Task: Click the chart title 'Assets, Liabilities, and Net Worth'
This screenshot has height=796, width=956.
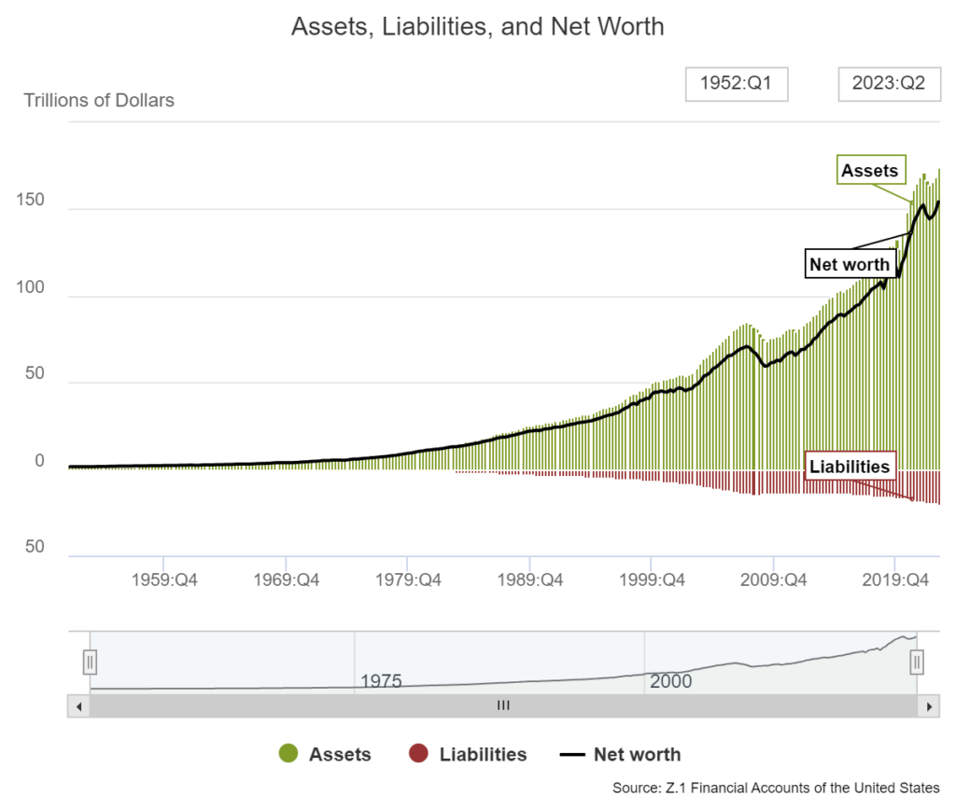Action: [477, 26]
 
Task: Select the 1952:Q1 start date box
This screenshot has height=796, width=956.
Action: [737, 83]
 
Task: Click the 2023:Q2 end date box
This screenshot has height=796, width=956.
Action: [888, 83]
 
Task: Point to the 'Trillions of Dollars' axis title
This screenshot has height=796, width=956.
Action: [99, 100]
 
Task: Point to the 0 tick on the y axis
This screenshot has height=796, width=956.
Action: [39, 461]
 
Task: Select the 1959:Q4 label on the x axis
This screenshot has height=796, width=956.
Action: [163, 580]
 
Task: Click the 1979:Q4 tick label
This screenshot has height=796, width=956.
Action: [407, 580]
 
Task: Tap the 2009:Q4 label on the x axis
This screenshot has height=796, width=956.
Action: [773, 580]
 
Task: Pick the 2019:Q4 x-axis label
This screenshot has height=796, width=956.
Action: [894, 580]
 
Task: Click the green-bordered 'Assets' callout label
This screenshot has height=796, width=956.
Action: [869, 171]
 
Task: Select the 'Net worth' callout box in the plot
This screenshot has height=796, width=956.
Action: [850, 264]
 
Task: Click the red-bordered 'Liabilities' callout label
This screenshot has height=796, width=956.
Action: [850, 467]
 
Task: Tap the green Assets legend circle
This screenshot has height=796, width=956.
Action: [288, 754]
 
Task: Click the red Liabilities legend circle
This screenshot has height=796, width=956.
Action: [418, 754]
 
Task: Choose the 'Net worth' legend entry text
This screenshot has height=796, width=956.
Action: [637, 754]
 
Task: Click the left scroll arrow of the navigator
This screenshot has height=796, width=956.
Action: [78, 706]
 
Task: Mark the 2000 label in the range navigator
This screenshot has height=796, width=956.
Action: [670, 681]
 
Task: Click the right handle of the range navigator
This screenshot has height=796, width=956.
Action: [917, 663]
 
